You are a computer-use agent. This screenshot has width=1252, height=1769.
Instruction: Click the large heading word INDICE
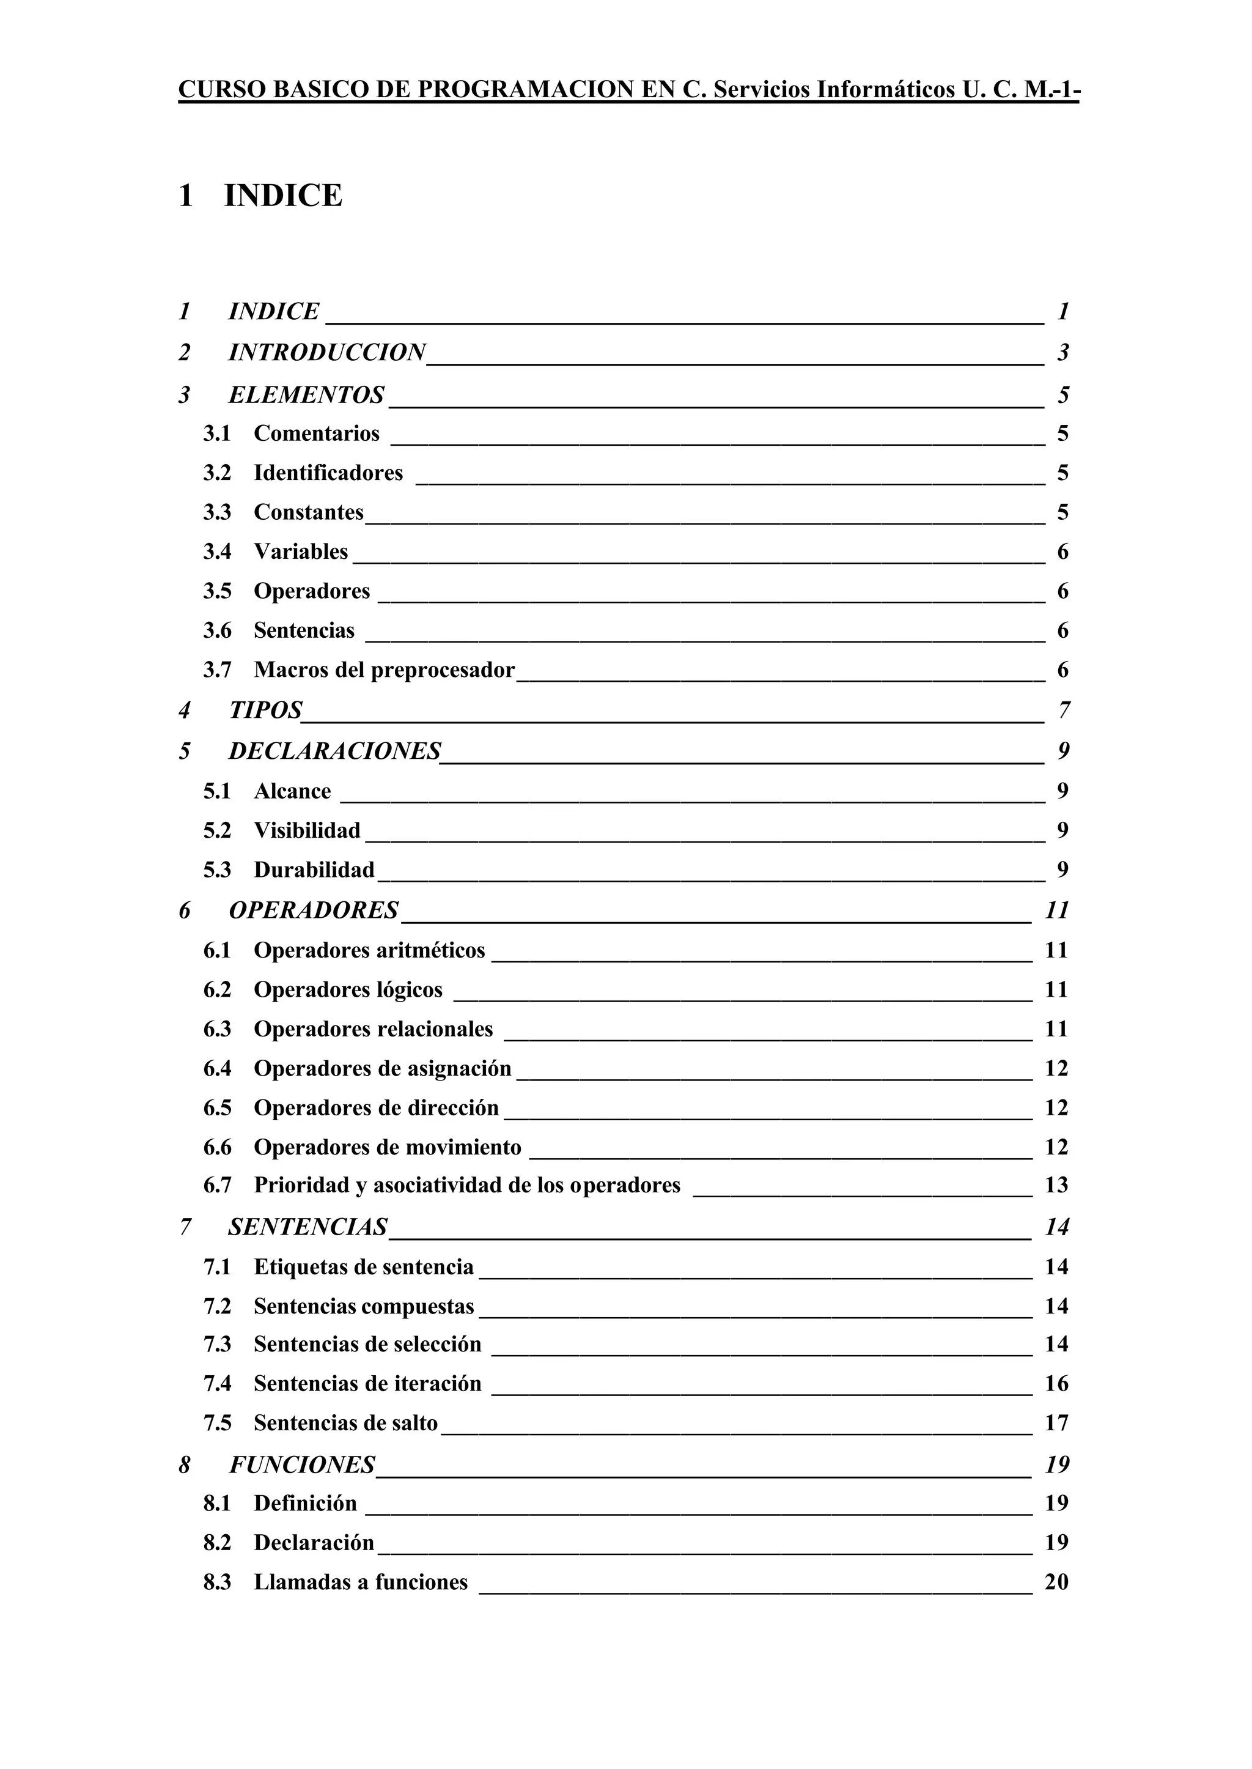point(282,196)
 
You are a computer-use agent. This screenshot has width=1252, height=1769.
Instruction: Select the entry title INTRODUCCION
point(327,352)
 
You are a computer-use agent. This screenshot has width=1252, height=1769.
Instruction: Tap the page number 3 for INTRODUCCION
point(1063,353)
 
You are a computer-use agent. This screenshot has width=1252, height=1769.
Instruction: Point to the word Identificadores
point(328,473)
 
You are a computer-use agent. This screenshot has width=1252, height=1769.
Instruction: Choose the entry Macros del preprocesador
point(384,670)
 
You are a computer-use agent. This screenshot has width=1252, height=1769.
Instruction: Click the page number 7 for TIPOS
point(1064,710)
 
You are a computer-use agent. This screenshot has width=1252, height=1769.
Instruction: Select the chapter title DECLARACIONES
point(334,751)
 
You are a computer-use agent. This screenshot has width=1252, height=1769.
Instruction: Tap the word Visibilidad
point(307,830)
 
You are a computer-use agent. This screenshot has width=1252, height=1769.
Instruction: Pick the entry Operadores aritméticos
point(369,950)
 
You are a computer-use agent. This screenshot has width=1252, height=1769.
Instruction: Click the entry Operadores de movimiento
point(387,1148)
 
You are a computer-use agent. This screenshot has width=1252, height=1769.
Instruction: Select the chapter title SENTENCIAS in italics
point(307,1227)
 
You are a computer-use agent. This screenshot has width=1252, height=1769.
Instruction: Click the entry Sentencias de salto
point(345,1423)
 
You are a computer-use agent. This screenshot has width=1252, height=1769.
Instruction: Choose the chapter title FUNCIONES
point(301,1464)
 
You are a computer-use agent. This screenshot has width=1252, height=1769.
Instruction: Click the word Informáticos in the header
point(886,90)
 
